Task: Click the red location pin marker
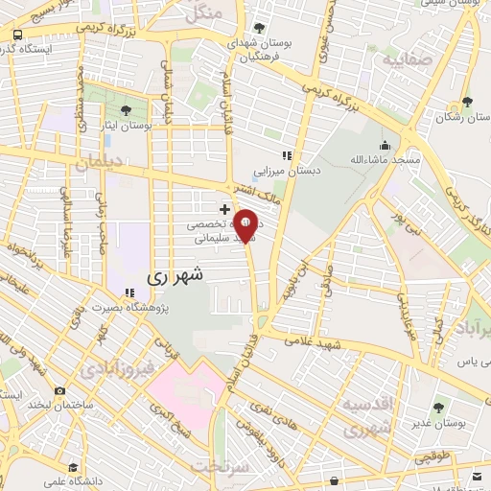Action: tap(245, 225)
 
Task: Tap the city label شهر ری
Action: tap(175, 275)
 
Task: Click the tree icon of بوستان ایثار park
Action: tap(129, 110)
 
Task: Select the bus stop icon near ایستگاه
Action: tap(16, 35)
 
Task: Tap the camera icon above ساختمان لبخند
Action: tap(60, 391)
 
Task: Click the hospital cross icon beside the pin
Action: tap(224, 208)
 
